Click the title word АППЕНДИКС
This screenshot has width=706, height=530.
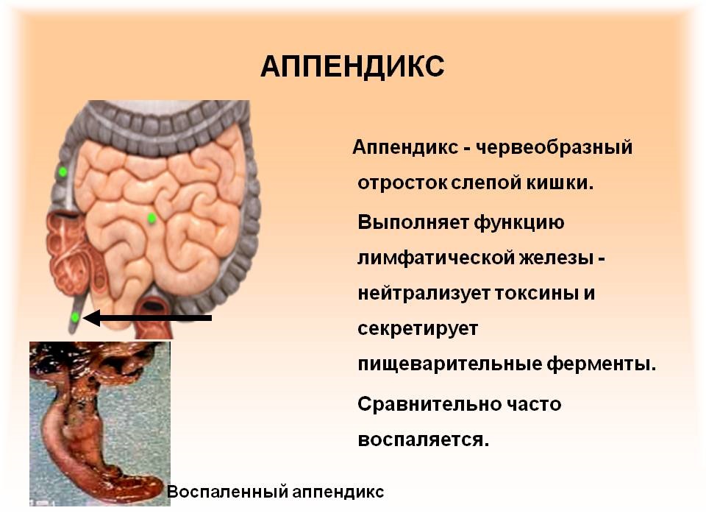click(352, 67)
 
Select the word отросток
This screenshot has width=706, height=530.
click(402, 183)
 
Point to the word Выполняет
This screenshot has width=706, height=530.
click(410, 221)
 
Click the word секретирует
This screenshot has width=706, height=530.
click(418, 329)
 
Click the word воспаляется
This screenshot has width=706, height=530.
click(423, 440)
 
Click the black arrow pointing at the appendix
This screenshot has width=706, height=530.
click(150, 318)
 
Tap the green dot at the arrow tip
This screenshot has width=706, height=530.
click(75, 317)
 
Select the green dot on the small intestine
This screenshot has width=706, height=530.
click(151, 218)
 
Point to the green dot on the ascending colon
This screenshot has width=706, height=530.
click(63, 172)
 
